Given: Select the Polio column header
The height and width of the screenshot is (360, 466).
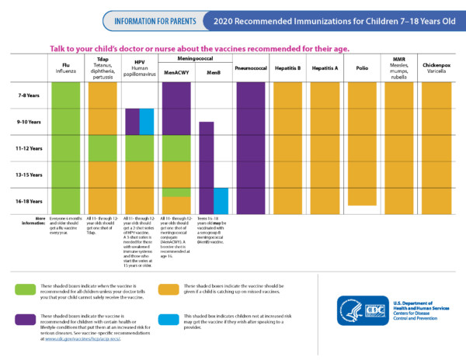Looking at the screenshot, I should tap(362, 68).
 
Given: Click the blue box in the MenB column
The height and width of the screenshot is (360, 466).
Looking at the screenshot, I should tap(221, 199).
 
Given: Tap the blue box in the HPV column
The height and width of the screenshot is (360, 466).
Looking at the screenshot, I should tap(147, 121).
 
